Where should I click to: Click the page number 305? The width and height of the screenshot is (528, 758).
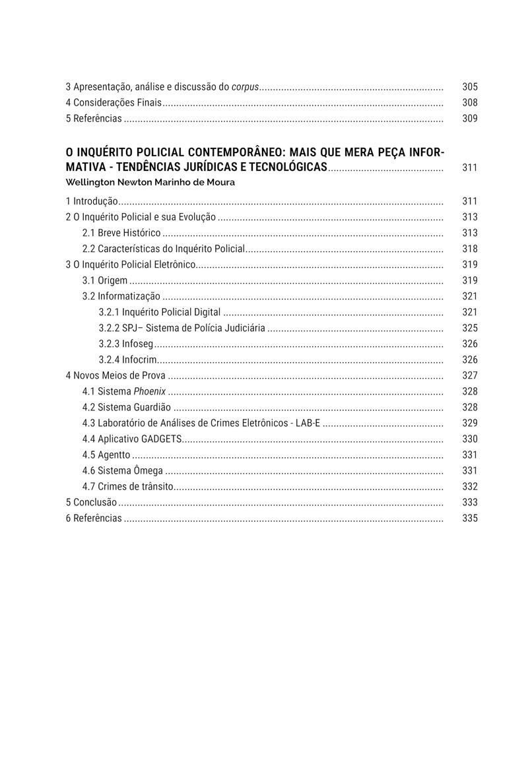[470, 87]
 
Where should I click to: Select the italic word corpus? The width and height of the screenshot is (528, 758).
[244, 87]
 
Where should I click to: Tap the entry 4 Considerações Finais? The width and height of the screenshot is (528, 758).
[114, 103]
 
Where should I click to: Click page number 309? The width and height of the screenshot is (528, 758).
[470, 119]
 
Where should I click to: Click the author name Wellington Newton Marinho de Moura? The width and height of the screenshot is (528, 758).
[150, 182]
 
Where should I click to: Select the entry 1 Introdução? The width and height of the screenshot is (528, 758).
[92, 201]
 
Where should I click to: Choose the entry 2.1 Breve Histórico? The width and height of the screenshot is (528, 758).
[121, 233]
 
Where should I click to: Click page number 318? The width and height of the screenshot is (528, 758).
[470, 249]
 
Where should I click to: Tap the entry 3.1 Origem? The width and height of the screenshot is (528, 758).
[105, 280]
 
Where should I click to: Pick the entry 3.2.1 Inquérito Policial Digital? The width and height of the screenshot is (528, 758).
[160, 312]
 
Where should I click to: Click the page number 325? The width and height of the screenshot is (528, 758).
[470, 328]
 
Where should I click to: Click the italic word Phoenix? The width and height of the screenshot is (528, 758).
[150, 391]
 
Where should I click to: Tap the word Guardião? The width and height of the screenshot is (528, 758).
[152, 407]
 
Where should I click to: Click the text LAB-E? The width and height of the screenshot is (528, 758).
[308, 423]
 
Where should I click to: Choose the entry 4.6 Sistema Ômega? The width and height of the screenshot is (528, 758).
[123, 470]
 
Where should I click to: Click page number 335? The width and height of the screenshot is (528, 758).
[470, 518]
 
